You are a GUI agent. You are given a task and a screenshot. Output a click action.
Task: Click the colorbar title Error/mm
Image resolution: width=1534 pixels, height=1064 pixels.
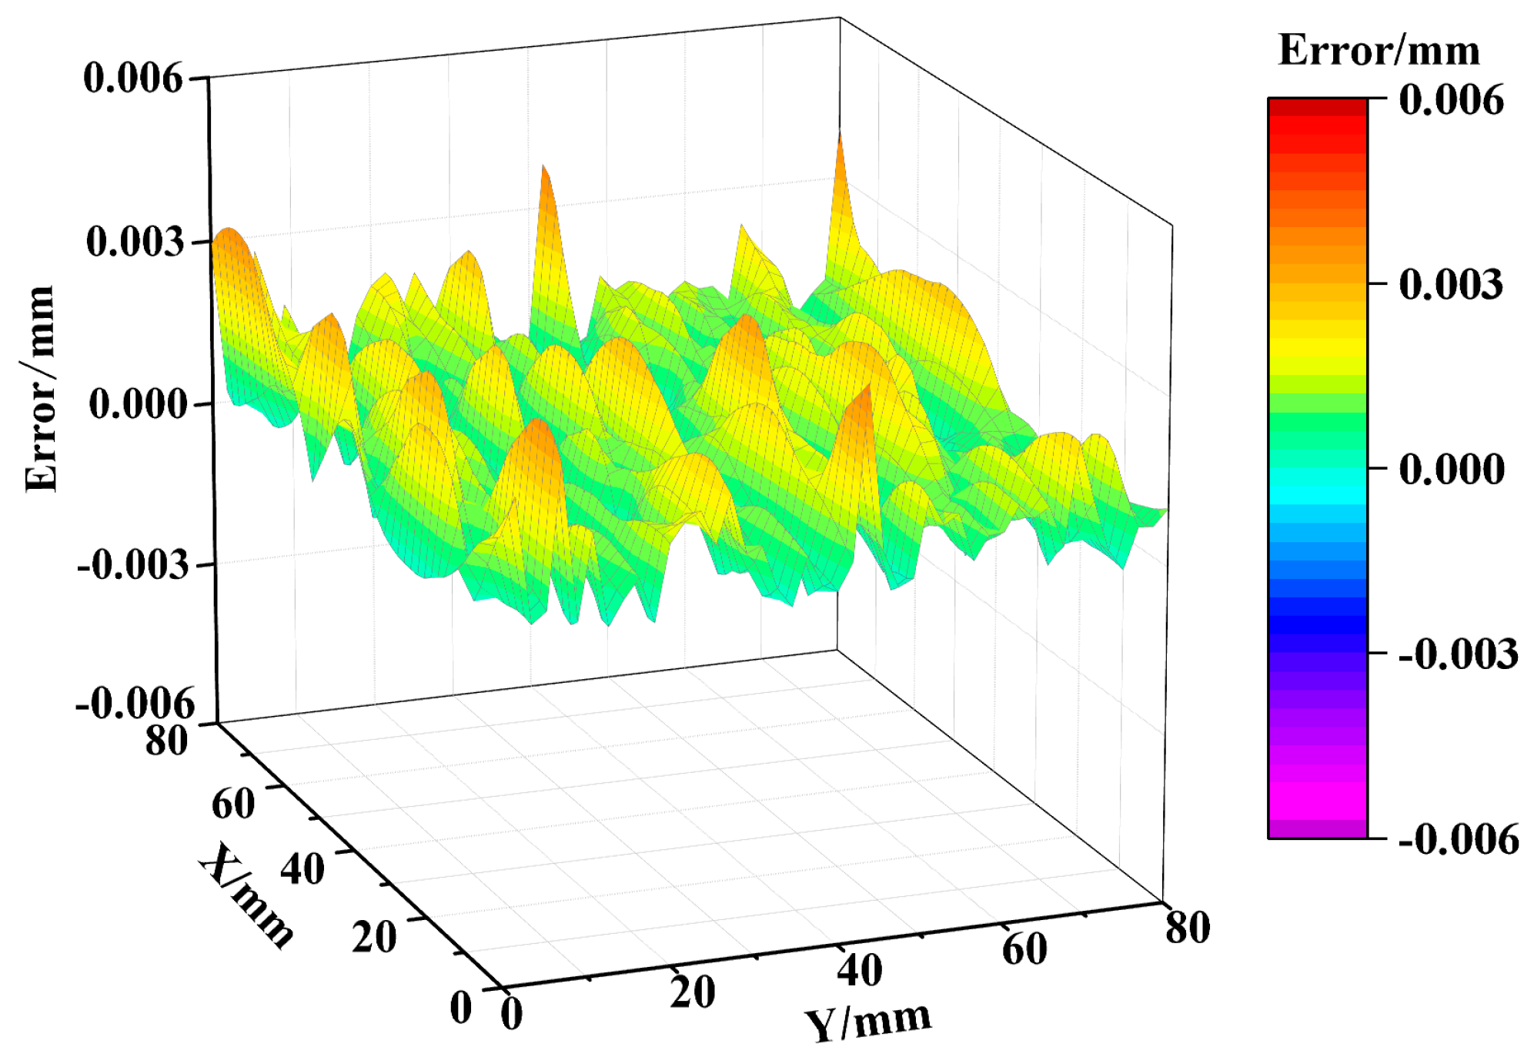[x=1378, y=51]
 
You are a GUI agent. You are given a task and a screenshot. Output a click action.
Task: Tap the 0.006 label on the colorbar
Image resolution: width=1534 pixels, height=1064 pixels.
[x=1450, y=100]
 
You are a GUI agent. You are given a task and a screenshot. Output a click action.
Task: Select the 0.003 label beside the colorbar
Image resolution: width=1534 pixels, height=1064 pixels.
[x=1450, y=284]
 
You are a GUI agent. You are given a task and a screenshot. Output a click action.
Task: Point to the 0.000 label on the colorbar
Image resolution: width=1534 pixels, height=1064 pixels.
[x=1450, y=469]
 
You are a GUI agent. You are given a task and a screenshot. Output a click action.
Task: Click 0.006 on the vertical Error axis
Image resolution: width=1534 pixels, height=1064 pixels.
[x=133, y=78]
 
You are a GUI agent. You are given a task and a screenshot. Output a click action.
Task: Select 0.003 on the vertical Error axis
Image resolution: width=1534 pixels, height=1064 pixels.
[x=135, y=242]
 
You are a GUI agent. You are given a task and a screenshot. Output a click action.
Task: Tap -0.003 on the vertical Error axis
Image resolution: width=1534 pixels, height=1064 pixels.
[x=132, y=566]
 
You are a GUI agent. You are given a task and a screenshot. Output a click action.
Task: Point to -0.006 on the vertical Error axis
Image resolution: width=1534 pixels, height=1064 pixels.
[x=135, y=703]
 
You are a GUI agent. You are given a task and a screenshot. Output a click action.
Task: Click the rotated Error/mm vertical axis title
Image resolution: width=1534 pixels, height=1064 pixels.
[x=40, y=389]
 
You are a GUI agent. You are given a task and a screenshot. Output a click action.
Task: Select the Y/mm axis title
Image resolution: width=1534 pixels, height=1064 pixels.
[x=867, y=1022]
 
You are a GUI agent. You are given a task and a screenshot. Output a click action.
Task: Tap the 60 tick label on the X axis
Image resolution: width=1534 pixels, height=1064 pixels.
[x=232, y=804]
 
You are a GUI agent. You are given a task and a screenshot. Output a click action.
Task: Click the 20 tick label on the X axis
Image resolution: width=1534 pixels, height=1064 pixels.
[x=374, y=937]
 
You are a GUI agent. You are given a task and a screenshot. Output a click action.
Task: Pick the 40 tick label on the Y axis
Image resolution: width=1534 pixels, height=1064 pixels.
[x=859, y=970]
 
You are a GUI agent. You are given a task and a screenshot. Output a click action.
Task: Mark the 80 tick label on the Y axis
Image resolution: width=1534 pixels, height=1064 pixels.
[x=1187, y=927]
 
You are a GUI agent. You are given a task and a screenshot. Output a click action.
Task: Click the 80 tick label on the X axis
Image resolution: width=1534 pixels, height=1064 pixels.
[x=166, y=741]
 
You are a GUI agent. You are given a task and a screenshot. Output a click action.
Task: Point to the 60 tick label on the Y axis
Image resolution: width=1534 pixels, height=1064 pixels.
[x=1024, y=949]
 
